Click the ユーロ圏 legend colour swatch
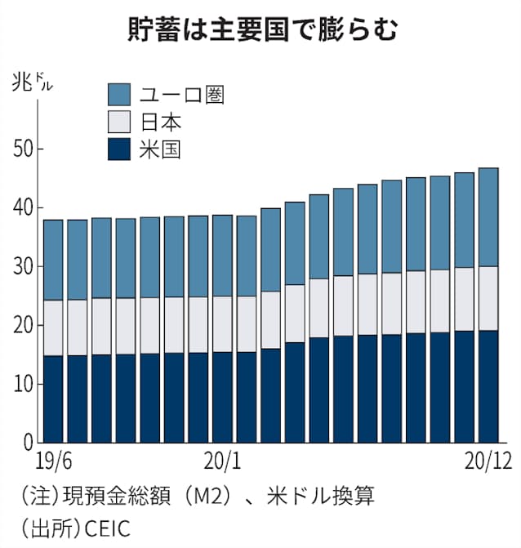pyautogui.click(x=120, y=93)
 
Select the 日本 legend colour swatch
pyautogui.click(x=120, y=122)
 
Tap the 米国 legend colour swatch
pyautogui.click(x=120, y=149)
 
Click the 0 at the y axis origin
pyautogui.click(x=26, y=443)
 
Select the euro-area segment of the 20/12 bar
pyautogui.click(x=488, y=217)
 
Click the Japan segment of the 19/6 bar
pyautogui.click(x=54, y=327)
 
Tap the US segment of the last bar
pyautogui.click(x=488, y=386)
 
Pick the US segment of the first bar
pyautogui.click(x=54, y=399)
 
